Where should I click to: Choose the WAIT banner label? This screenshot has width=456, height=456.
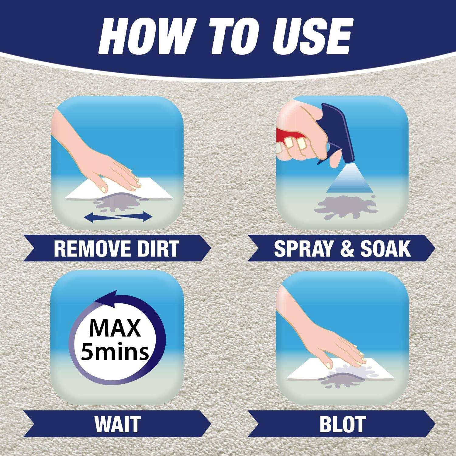point(117,423)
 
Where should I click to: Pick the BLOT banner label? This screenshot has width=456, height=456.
point(342,423)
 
